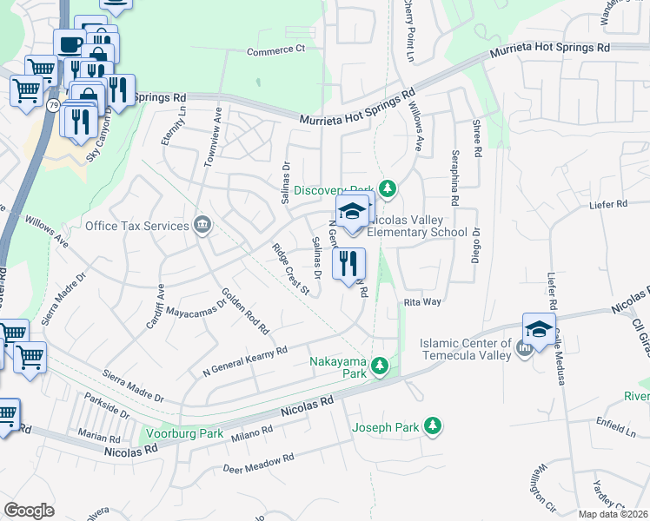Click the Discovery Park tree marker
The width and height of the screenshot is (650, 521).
click(389, 188)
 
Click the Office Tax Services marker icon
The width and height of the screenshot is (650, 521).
click(202, 226)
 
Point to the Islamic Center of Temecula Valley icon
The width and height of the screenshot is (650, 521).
click(523, 348)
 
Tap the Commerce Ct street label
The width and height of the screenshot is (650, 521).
click(276, 50)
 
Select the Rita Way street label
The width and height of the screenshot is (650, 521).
click(423, 302)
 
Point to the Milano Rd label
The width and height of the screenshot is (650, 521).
click(253, 432)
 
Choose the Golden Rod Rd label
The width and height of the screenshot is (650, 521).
click(246, 310)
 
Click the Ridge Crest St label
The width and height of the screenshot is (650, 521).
click(291, 269)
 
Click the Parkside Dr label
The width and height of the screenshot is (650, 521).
click(107, 406)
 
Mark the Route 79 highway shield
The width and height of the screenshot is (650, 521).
click(54, 105)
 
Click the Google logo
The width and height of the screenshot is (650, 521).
click(29, 510)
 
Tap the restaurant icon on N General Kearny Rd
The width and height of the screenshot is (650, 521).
click(348, 264)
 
